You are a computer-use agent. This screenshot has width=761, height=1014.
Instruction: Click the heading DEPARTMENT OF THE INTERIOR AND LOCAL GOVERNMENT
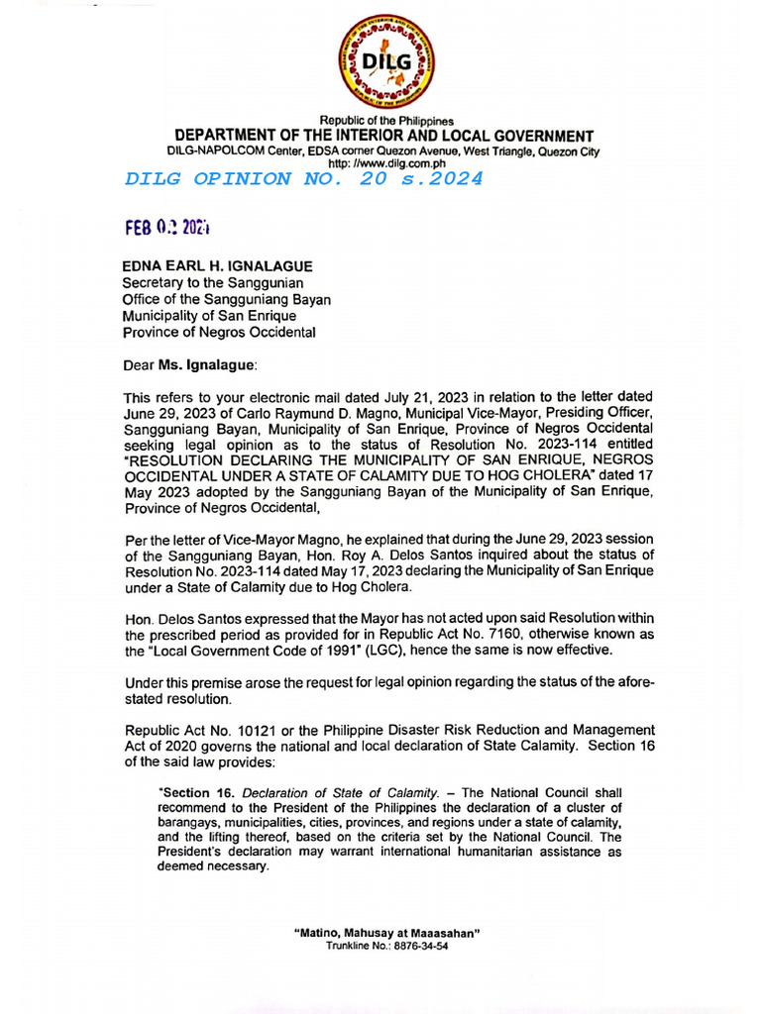tap(384, 136)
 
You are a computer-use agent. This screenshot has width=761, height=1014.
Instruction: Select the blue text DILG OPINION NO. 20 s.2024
tap(304, 179)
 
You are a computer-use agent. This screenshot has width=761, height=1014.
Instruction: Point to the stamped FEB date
tap(167, 227)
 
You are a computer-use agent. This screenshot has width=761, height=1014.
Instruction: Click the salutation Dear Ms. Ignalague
tap(189, 364)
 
